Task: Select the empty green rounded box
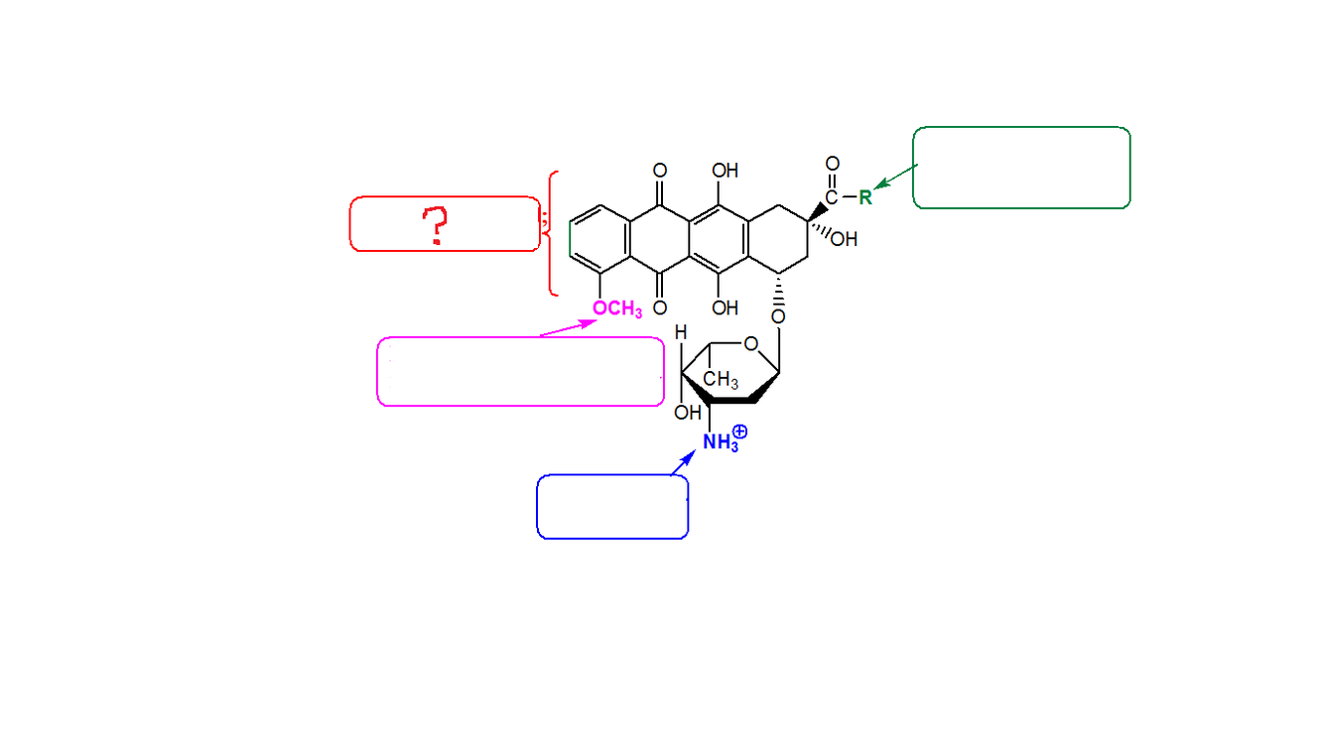click(x=1020, y=168)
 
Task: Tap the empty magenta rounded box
click(x=520, y=371)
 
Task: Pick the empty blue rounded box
click(x=612, y=506)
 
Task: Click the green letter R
click(x=864, y=196)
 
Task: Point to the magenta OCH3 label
click(x=616, y=310)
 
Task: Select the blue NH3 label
click(x=720, y=442)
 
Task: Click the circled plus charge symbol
click(x=739, y=433)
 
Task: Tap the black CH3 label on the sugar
click(x=720, y=380)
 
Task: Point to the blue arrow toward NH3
click(x=683, y=462)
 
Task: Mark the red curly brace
click(x=551, y=233)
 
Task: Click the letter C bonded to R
click(x=832, y=197)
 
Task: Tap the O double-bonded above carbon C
click(x=832, y=164)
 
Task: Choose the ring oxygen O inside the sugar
click(x=750, y=344)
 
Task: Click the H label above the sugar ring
click(x=681, y=333)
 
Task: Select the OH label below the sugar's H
click(x=686, y=413)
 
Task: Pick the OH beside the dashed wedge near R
click(x=845, y=239)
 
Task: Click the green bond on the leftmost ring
click(x=571, y=239)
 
